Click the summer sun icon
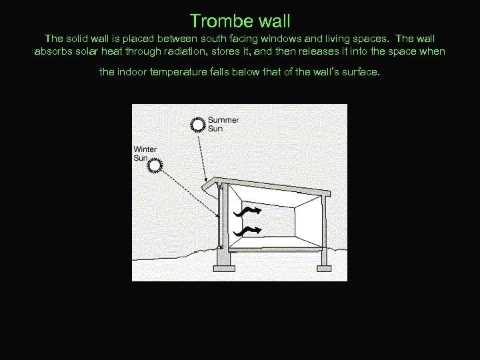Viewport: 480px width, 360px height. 198,124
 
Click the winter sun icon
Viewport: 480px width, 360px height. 155,165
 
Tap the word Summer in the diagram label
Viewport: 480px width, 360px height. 223,120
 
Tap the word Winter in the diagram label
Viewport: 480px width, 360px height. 145,149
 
